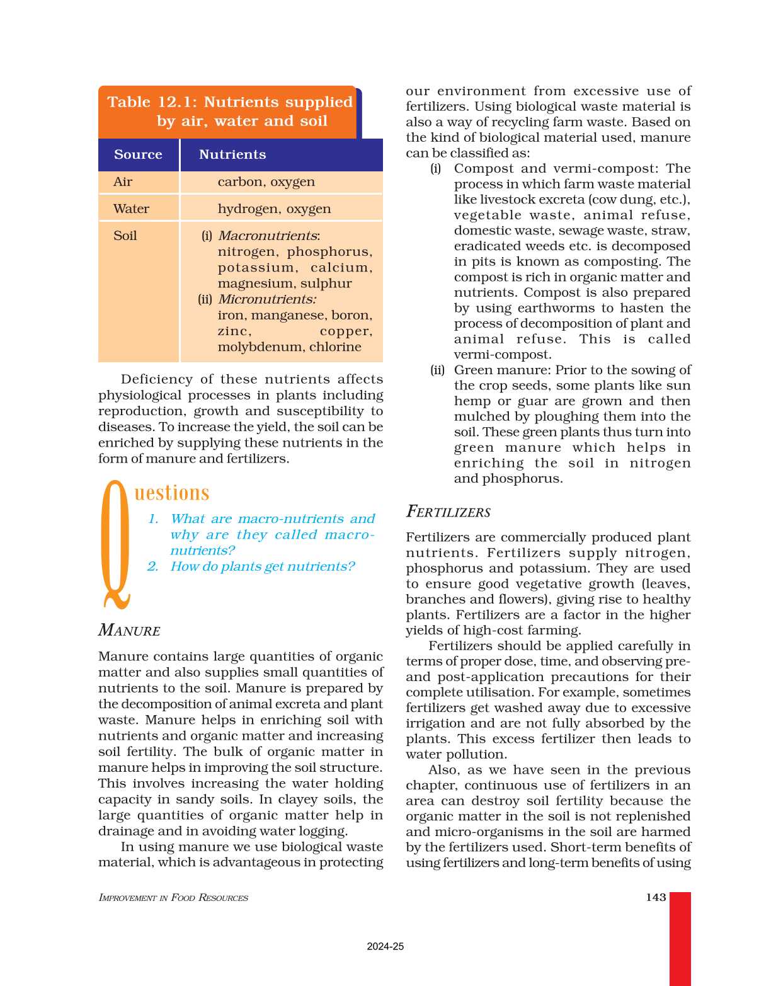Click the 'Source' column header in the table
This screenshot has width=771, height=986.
pos(138,154)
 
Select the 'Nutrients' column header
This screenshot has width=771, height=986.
pos(232,154)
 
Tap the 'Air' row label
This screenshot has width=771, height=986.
pos(123,182)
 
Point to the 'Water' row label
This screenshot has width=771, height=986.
pos(131,209)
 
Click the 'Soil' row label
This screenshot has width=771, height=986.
pos(125,236)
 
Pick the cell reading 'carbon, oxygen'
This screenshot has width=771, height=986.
pos(266,182)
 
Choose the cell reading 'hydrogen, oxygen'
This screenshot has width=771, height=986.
pos(274,209)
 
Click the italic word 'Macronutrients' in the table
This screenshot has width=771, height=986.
pos(268,236)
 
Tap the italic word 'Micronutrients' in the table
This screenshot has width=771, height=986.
pos(266,299)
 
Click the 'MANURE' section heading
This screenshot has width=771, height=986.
pos(129,631)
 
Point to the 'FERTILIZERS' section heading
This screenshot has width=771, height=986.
pos(448,512)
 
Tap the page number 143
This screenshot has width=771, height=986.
pos(656,897)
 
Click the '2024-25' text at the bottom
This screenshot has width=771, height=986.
pos(385,946)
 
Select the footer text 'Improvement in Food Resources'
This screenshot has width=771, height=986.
pos(173,898)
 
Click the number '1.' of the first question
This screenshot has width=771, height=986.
pos(153,519)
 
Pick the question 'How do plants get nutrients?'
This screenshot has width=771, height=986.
pos(262,566)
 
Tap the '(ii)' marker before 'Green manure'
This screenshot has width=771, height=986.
pos(437,370)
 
